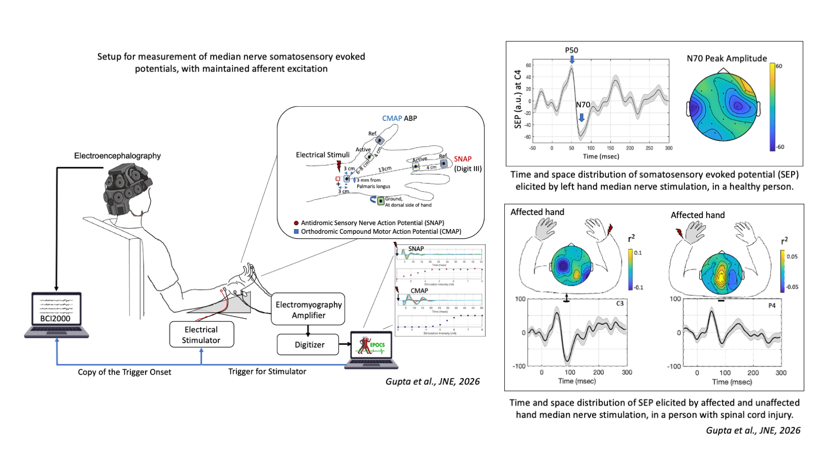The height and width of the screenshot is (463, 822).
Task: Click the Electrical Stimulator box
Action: click(x=201, y=334)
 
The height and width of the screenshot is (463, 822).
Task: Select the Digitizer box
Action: click(x=309, y=345)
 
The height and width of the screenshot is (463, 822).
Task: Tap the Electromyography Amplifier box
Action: click(x=309, y=310)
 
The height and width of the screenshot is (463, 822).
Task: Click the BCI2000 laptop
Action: click(x=56, y=314)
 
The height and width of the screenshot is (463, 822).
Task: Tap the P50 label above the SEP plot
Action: click(x=571, y=50)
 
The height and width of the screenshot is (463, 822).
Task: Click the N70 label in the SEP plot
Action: click(x=583, y=105)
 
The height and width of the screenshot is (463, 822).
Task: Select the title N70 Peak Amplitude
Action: click(x=727, y=58)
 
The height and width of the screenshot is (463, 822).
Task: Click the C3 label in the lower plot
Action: click(x=620, y=303)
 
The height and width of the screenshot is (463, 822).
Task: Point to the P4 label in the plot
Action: click(x=772, y=305)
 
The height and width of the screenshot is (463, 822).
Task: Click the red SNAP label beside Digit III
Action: click(x=463, y=159)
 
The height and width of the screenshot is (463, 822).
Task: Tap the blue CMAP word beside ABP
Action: click(x=392, y=118)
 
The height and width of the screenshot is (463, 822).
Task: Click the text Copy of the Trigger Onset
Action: click(x=124, y=372)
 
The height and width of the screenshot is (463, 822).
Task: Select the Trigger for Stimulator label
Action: click(x=267, y=372)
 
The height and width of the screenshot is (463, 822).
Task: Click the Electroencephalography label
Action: click(x=117, y=156)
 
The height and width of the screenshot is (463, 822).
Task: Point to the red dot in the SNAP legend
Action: click(x=296, y=223)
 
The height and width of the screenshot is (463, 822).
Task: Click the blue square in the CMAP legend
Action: click(x=296, y=232)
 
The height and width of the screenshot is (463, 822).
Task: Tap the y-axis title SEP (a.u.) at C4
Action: click(x=518, y=99)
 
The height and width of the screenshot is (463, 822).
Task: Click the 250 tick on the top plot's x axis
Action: click(x=649, y=148)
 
